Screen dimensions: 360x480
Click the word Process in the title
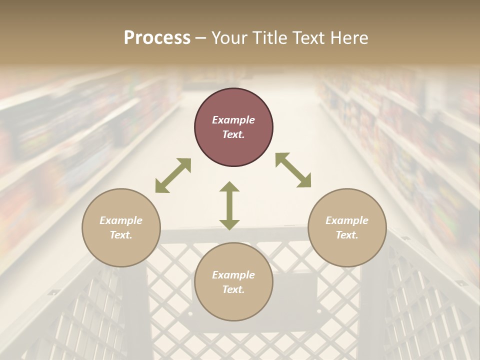[x=157, y=38]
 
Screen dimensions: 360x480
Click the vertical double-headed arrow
[x=229, y=206]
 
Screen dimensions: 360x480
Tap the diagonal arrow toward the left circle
[x=173, y=175]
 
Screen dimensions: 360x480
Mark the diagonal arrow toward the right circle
[x=293, y=170]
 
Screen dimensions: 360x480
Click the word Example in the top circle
[x=233, y=120]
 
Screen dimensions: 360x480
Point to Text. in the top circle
[x=233, y=134]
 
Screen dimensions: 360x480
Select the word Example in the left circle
[x=121, y=220]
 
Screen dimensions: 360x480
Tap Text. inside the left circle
[x=121, y=235]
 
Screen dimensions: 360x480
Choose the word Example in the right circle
[x=347, y=220]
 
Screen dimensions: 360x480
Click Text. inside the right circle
[x=347, y=235]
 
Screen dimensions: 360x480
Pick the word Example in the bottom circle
[x=233, y=275]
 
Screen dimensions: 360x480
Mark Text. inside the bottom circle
[x=233, y=289]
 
